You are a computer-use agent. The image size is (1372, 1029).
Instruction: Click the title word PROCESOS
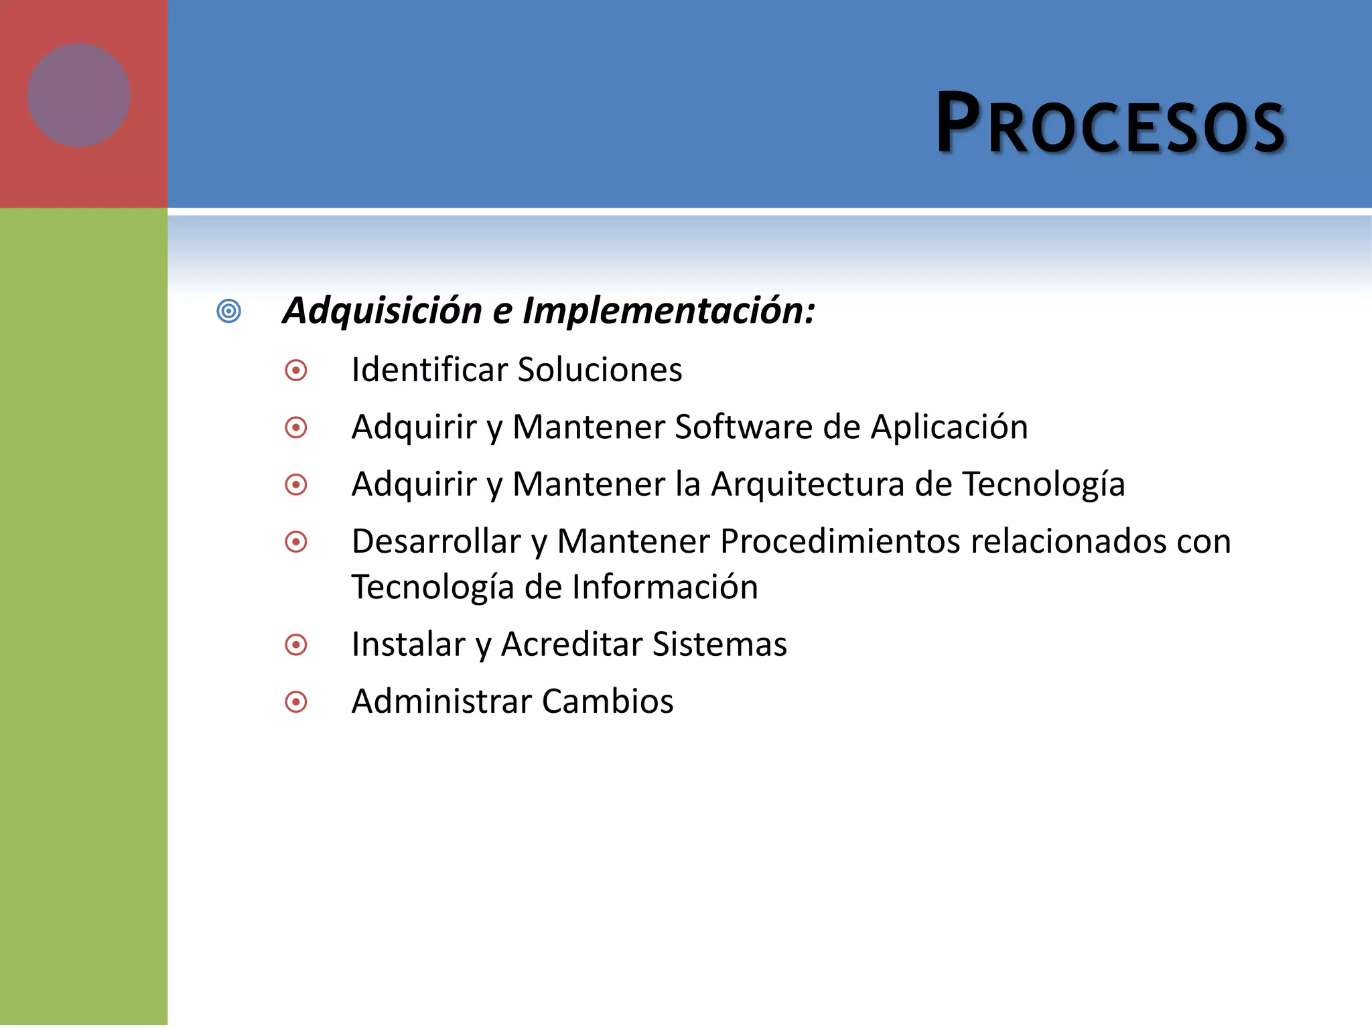pos(1110,125)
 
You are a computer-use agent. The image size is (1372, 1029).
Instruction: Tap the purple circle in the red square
pos(78,95)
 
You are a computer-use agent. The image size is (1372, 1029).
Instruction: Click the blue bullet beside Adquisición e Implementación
pos(228,312)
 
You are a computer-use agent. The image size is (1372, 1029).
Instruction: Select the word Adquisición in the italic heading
pos(383,312)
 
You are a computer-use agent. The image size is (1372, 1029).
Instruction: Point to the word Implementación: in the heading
pos(669,312)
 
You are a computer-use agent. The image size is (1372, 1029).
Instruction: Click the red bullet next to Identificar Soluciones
pos(295,370)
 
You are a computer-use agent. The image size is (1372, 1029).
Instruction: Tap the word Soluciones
pos(600,370)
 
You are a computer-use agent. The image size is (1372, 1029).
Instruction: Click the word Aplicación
pos(949,427)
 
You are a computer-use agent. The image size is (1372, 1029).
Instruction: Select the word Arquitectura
pos(807,484)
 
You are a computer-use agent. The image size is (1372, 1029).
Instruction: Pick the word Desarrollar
pos(436,541)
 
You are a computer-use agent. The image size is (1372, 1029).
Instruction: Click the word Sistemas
pos(719,644)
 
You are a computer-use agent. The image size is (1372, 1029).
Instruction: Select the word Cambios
pos(607,701)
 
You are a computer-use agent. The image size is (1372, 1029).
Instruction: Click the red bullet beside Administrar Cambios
pos(295,702)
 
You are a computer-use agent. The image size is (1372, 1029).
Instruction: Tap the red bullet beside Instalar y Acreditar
pos(295,645)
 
